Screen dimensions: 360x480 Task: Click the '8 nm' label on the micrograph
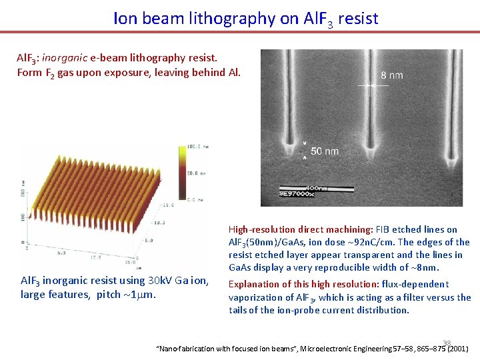tap(392, 75)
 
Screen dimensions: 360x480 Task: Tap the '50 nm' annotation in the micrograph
tap(325, 151)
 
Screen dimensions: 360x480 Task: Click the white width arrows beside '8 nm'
tap(365, 85)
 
